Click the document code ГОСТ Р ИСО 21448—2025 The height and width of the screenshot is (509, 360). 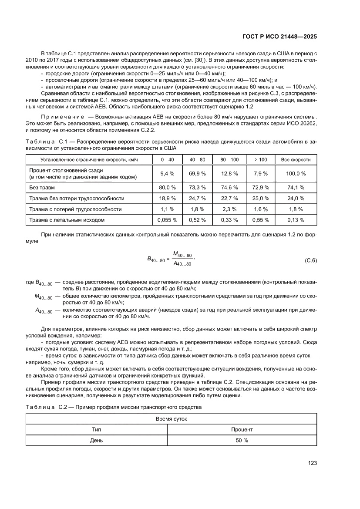pos(279,37)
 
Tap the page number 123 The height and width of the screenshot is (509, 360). pos(312,463)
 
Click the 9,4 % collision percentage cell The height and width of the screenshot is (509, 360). pos(167,173)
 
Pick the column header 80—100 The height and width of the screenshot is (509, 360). pos(229,160)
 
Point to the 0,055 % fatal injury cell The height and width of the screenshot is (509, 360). pos(167,220)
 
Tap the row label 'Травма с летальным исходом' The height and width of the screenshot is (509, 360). pos(67,220)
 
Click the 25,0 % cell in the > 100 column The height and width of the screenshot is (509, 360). pos(260,198)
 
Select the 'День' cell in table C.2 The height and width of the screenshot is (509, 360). pos(96,440)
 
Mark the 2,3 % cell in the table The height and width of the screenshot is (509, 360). pos(229,209)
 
